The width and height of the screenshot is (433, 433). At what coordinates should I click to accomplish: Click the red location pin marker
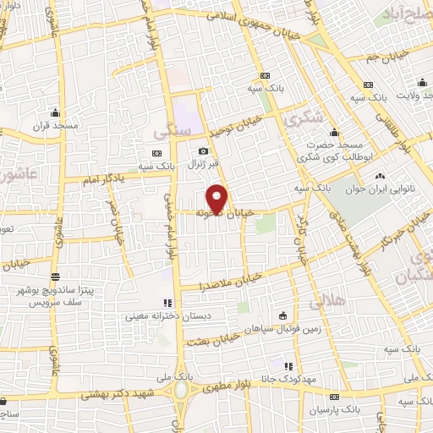click(x=217, y=198)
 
